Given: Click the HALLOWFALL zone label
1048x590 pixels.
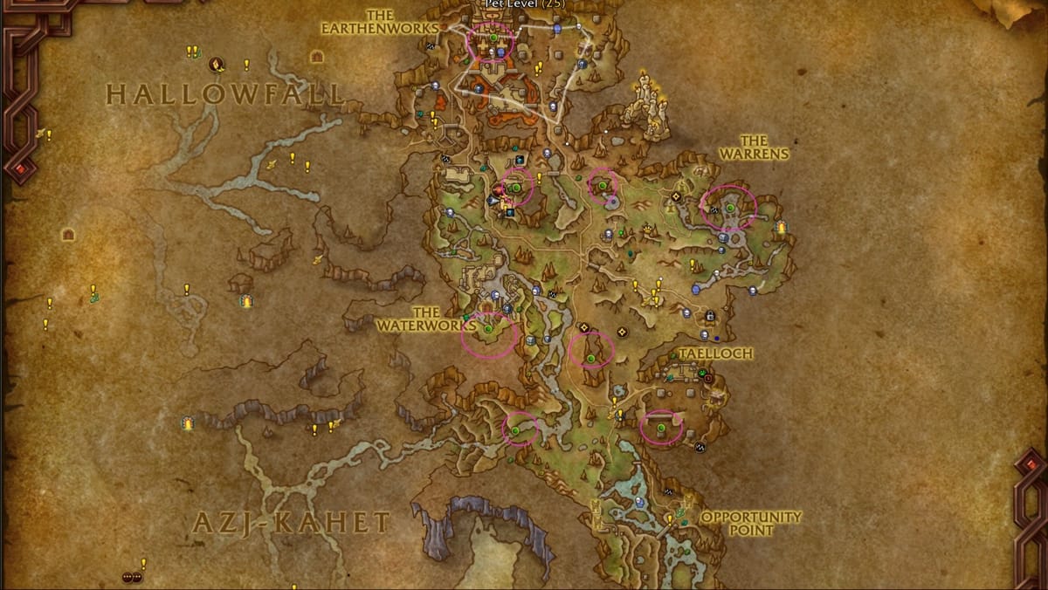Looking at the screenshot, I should [224, 94].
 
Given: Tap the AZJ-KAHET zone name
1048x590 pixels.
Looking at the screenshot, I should [290, 523].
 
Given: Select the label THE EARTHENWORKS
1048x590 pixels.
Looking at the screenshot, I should [381, 22].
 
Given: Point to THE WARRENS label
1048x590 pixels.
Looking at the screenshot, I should [753, 147].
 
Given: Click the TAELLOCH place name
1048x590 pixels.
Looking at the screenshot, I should [715, 353].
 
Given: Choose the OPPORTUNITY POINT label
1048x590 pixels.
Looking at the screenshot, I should [750, 523].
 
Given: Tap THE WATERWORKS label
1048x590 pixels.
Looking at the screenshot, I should [425, 319].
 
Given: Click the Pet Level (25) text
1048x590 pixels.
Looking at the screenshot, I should [524, 4].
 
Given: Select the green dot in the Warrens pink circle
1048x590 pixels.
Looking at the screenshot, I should [729, 207].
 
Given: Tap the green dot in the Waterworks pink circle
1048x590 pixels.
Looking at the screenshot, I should [488, 328].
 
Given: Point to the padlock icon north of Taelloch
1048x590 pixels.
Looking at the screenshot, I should [710, 315].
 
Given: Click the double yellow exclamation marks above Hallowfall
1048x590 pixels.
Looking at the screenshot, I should [192, 51].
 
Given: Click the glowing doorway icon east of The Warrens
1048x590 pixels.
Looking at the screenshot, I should [781, 228].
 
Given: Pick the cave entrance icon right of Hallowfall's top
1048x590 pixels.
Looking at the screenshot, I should [317, 56].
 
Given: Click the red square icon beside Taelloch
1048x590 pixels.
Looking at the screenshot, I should [708, 380].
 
